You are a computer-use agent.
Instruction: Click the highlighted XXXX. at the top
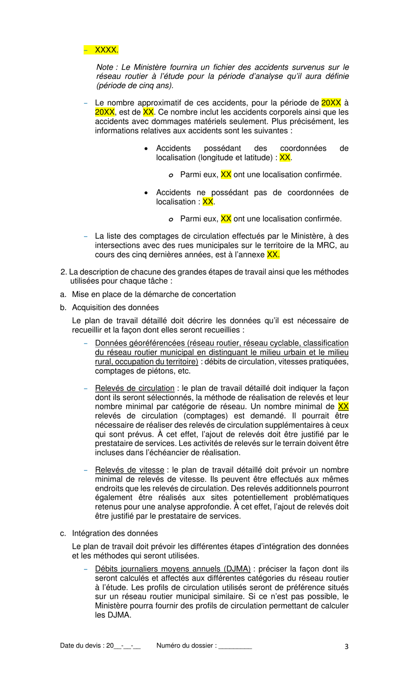pyautogui.click(x=106, y=50)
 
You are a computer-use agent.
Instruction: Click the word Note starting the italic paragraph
pyautogui.click(x=105, y=67)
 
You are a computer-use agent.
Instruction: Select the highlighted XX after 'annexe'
pyautogui.click(x=273, y=255)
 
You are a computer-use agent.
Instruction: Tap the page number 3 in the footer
pyautogui.click(x=346, y=646)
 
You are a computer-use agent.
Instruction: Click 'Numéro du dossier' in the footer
pyautogui.click(x=186, y=645)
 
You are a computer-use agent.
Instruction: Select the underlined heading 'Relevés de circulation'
pyautogui.click(x=134, y=388)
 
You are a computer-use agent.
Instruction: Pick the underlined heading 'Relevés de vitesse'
pyautogui.click(x=129, y=470)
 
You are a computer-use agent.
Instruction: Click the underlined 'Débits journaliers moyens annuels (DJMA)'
pyautogui.click(x=173, y=569)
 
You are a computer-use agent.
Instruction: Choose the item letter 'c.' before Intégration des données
pyautogui.click(x=63, y=533)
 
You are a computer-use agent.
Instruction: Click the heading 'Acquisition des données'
pyautogui.click(x=115, y=307)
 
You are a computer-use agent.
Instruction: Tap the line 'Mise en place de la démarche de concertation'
pyautogui.click(x=154, y=294)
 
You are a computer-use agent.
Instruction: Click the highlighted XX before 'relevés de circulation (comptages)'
pyautogui.click(x=343, y=406)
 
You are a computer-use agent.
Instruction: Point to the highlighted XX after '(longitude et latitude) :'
pyautogui.click(x=285, y=157)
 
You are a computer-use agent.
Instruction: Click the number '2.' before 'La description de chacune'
pyautogui.click(x=64, y=272)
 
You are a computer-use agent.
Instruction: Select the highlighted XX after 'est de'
pyautogui.click(x=148, y=112)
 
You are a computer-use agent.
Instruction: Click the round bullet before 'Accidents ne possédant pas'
pyautogui.click(x=146, y=193)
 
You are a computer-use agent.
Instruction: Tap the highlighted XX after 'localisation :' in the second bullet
pyautogui.click(x=208, y=202)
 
